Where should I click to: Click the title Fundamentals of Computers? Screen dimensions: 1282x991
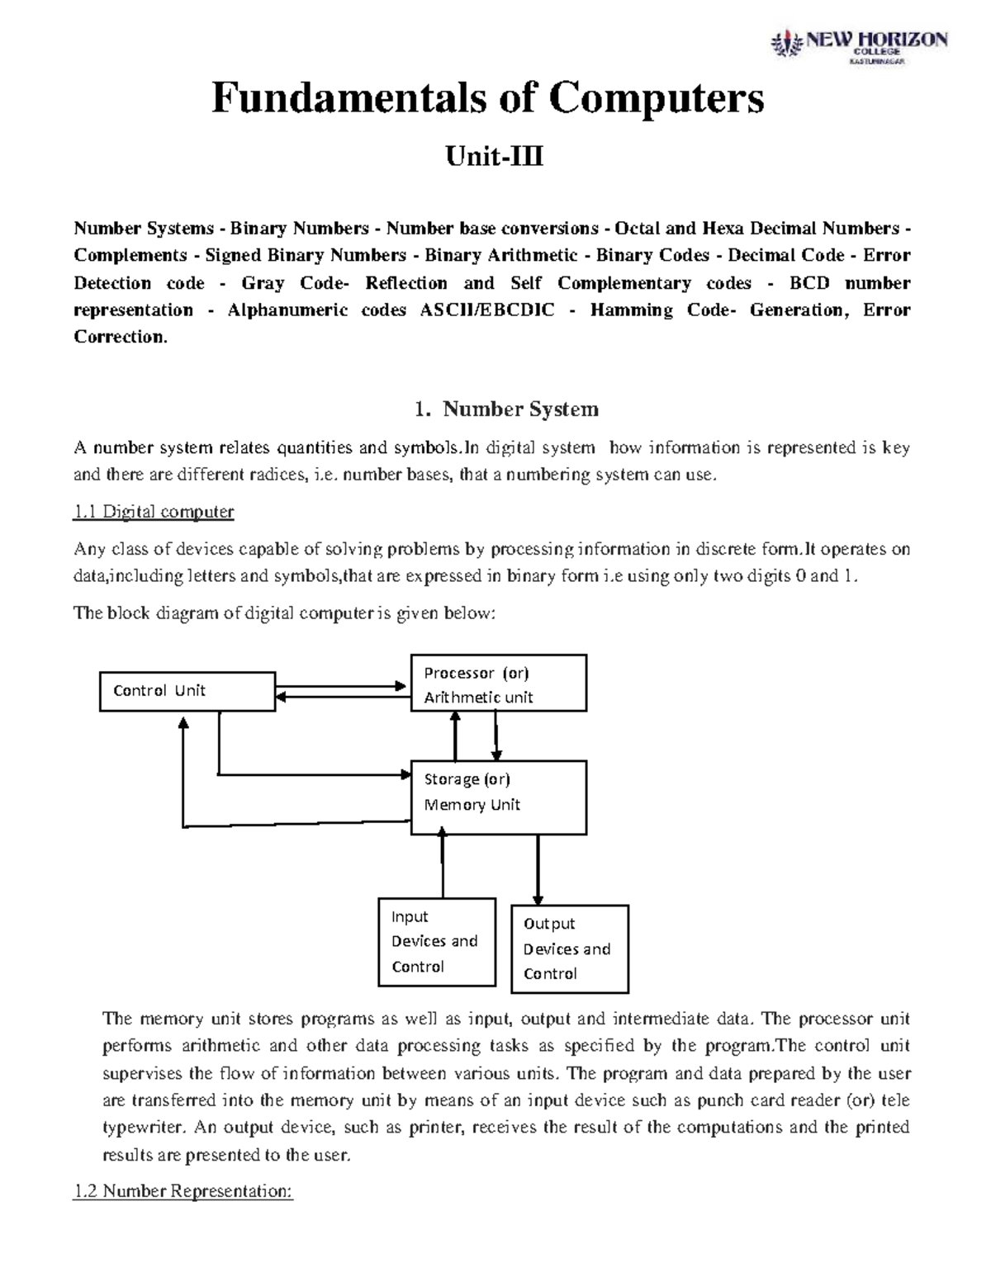(x=488, y=99)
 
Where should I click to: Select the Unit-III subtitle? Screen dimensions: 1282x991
(x=494, y=156)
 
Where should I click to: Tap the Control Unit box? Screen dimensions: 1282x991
(x=187, y=691)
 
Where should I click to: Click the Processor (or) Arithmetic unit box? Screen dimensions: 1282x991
(x=499, y=684)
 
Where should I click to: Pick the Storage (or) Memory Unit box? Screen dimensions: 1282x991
(x=499, y=797)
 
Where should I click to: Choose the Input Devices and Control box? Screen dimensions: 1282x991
(x=436, y=942)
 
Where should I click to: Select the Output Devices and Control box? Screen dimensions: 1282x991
(x=570, y=948)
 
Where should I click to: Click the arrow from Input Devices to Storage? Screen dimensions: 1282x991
(x=443, y=866)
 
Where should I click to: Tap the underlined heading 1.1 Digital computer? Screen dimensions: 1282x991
(x=154, y=512)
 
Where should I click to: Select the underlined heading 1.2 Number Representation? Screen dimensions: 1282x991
(x=183, y=1191)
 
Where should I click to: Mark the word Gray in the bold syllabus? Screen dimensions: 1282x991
(x=263, y=283)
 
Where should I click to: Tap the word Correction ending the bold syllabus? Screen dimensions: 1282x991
(x=119, y=337)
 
